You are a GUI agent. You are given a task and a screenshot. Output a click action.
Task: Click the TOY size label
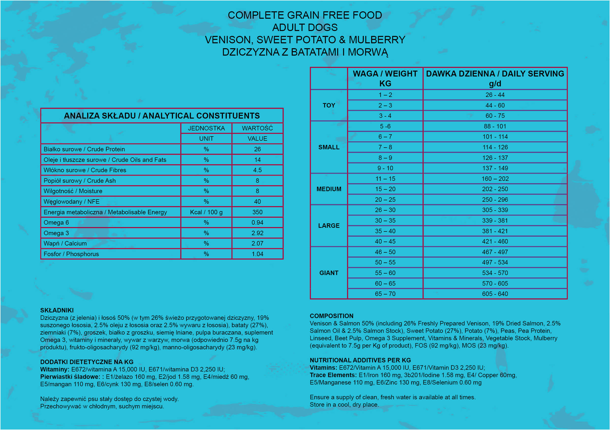pos(329,105)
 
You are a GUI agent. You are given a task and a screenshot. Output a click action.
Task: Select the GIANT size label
pos(329,273)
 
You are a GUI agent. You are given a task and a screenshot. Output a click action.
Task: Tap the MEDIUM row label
pos(329,189)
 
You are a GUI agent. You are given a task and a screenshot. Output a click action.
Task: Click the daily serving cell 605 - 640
pos(495,294)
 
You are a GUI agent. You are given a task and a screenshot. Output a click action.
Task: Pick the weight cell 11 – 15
pos(385,179)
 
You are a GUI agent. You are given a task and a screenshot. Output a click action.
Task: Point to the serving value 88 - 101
pos(495,126)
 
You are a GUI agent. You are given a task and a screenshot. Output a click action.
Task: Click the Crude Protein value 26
pos(257,149)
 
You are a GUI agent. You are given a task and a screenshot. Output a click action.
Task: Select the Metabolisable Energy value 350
pos(257,212)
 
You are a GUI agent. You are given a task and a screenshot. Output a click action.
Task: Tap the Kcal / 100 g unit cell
pos(206,212)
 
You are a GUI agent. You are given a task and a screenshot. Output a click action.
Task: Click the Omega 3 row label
pos(56,233)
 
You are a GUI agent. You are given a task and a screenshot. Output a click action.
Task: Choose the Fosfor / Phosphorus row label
pos(71,254)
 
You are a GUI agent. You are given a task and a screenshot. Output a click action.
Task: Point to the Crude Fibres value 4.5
pos(257,170)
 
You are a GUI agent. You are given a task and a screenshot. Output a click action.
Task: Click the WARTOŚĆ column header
pos(257,128)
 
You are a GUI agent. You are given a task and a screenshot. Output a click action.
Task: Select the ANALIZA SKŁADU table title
pos(162,116)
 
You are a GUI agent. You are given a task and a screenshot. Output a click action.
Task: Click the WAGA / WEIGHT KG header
pos(385,78)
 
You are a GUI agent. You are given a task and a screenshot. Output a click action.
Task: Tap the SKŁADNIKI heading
pos(57,310)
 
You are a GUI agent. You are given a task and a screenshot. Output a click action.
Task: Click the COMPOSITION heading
pos(331,316)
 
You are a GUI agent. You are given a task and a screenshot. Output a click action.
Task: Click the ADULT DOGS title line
pos(305,27)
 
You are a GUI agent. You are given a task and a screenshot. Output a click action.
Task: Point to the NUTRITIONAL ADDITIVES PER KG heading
pos(360,360)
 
